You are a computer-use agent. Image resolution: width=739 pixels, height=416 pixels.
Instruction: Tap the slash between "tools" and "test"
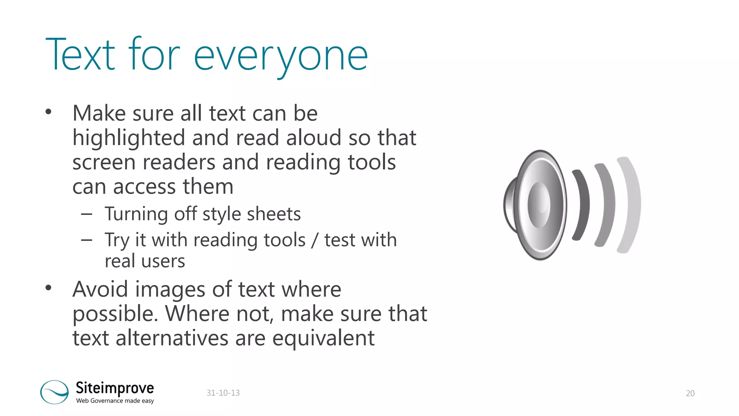(315, 240)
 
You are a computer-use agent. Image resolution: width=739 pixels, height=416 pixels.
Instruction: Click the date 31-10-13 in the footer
(223, 393)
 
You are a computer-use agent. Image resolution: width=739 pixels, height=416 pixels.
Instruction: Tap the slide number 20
(690, 393)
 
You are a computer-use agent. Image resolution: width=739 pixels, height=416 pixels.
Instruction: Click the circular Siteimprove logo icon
(54, 392)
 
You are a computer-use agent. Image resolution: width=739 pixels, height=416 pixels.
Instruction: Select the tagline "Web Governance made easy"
(115, 401)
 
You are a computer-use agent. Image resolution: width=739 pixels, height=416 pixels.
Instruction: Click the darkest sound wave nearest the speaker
(581, 205)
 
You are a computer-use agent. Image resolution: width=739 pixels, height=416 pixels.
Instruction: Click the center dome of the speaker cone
(539, 205)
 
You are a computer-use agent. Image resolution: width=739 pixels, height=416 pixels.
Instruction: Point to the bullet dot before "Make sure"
(49, 112)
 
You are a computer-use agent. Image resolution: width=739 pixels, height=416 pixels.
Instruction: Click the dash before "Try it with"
(87, 240)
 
